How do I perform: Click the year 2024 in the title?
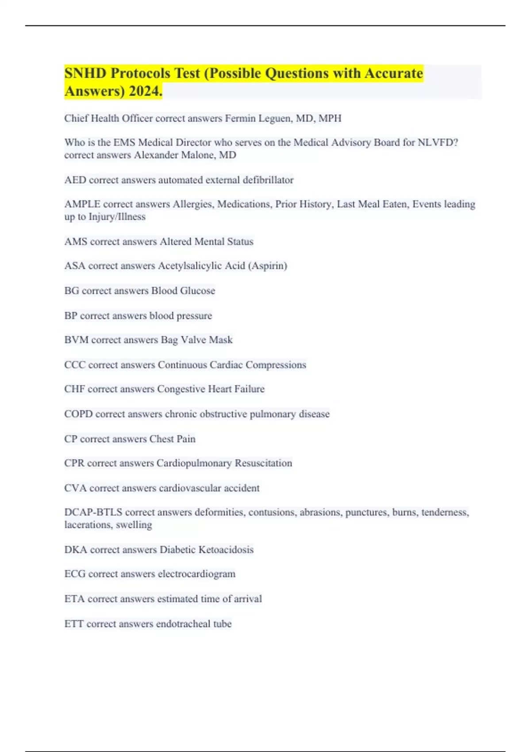pyautogui.click(x=146, y=91)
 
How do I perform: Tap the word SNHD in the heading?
pyautogui.click(x=85, y=73)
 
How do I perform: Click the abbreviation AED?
pyautogui.click(x=75, y=180)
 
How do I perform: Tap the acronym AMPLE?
pyautogui.click(x=82, y=204)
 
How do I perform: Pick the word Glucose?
pyautogui.click(x=197, y=291)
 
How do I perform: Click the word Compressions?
pyautogui.click(x=276, y=365)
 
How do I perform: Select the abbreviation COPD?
pyautogui.click(x=78, y=414)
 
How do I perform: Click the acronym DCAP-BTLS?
pyautogui.click(x=93, y=512)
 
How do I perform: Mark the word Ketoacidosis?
pyautogui.click(x=226, y=550)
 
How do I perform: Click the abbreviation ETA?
pyautogui.click(x=74, y=599)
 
